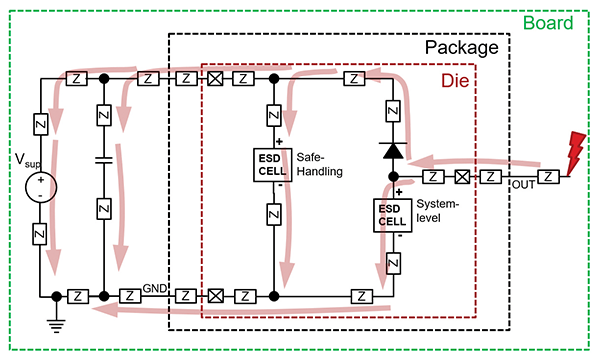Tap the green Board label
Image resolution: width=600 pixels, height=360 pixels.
point(548,23)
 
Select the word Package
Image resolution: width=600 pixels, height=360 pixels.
point(459,47)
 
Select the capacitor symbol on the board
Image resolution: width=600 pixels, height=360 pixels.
point(103,160)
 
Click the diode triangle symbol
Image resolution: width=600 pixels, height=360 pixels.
point(392,151)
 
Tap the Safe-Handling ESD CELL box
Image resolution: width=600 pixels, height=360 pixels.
point(273,163)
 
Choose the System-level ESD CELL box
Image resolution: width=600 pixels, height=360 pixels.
point(392,214)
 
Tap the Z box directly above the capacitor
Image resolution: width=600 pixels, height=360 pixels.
point(103,114)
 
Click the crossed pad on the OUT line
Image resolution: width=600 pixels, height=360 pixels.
point(463,177)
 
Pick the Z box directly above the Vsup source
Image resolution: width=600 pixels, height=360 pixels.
point(41,124)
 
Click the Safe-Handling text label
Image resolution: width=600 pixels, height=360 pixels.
point(319,164)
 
